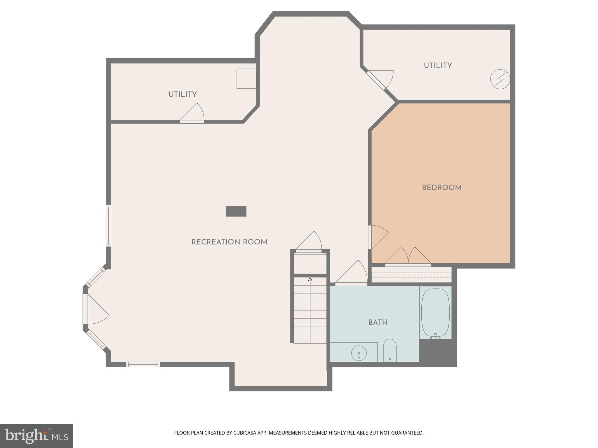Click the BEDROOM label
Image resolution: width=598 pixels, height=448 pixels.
pyautogui.click(x=441, y=188)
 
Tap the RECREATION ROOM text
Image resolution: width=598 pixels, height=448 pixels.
pyautogui.click(x=229, y=242)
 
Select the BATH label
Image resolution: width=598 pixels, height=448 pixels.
pyautogui.click(x=378, y=322)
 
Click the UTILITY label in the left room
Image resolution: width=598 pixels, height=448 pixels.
pyautogui.click(x=182, y=94)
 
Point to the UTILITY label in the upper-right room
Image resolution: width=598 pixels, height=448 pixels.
pyautogui.click(x=438, y=66)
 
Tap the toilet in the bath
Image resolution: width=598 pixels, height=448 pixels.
pyautogui.click(x=390, y=350)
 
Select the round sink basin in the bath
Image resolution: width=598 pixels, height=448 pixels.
pyautogui.click(x=359, y=353)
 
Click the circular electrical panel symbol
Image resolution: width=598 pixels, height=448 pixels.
pyautogui.click(x=500, y=79)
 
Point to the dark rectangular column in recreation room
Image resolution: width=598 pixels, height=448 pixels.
pyautogui.click(x=236, y=211)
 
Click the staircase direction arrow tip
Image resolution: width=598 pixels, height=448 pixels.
pyautogui.click(x=310, y=279)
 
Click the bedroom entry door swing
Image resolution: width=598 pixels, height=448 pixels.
pyautogui.click(x=378, y=237)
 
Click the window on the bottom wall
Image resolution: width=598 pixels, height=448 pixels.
pyautogui.click(x=143, y=364)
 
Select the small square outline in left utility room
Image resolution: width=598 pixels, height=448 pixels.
pyautogui.click(x=246, y=78)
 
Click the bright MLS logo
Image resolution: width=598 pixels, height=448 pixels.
pyautogui.click(x=36, y=436)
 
